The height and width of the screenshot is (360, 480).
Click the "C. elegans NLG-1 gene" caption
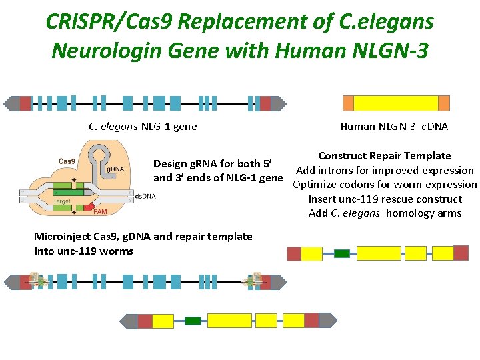pos(143,127)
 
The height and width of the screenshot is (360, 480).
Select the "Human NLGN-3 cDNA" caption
pos(394,127)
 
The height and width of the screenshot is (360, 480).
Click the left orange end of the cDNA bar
pos(348,103)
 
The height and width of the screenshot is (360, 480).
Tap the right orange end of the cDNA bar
pos(444,103)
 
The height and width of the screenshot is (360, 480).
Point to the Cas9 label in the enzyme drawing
pos(67,161)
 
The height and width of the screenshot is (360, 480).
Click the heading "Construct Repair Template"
pos(385,156)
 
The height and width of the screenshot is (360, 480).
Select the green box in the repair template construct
pos(341,253)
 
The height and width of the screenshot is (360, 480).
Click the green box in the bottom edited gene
pos(193,321)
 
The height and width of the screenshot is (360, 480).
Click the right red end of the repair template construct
pos(461,253)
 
